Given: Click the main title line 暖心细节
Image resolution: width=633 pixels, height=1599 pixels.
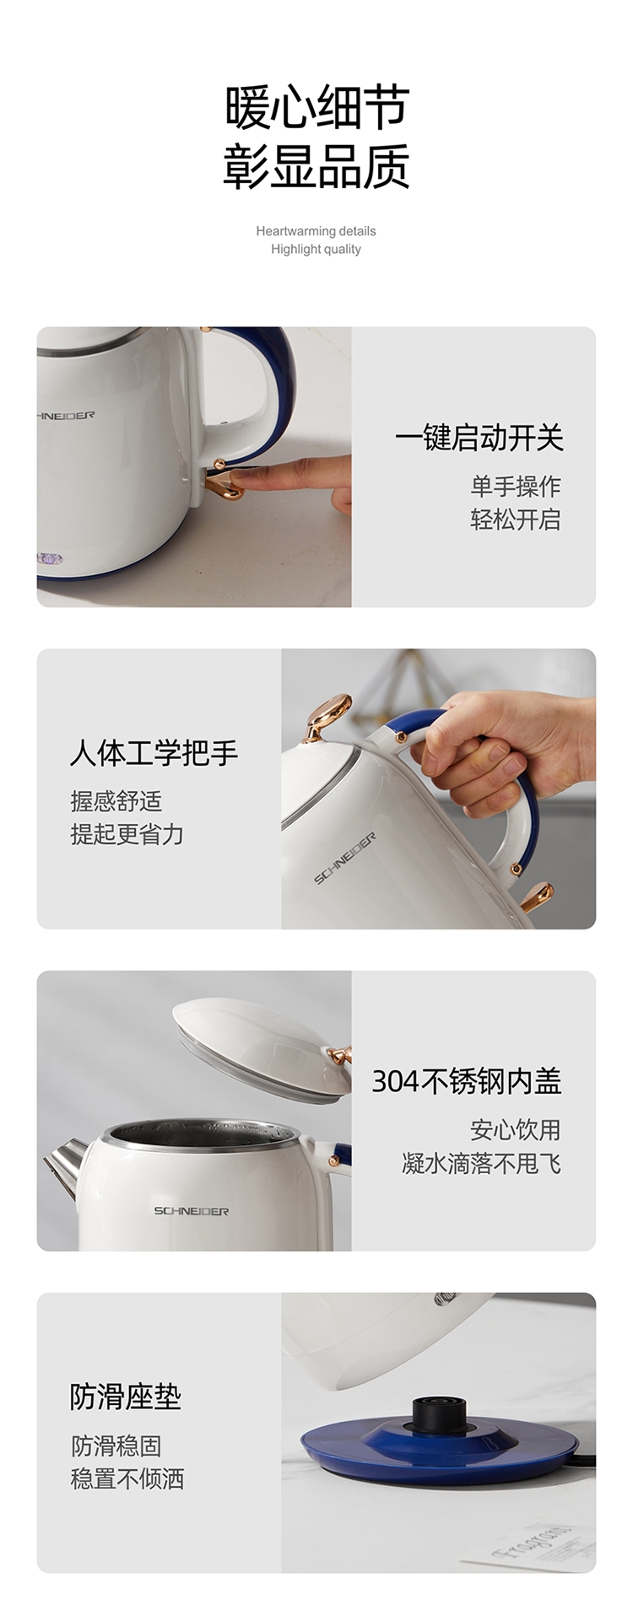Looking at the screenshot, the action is click(x=316, y=107).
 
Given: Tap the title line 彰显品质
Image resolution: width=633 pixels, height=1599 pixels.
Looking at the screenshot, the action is click(x=316, y=166).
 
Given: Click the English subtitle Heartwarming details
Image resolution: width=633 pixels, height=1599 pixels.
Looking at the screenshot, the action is click(x=316, y=231).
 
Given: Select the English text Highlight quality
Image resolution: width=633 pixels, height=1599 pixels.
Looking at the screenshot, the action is click(x=316, y=249).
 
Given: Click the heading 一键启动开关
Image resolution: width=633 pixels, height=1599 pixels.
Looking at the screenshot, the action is click(x=479, y=438).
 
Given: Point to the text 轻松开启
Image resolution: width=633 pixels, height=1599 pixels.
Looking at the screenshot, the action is click(x=515, y=520).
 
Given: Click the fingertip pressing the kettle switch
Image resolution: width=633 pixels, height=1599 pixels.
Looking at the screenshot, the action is click(x=240, y=476).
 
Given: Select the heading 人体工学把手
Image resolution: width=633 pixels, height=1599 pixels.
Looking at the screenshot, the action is click(x=154, y=753).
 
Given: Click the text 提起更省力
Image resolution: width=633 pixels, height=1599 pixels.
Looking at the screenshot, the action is click(x=127, y=834).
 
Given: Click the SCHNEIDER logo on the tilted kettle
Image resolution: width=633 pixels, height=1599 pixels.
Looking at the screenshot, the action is click(x=345, y=859).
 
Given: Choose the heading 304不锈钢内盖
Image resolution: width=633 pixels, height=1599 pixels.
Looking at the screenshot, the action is click(x=467, y=1081).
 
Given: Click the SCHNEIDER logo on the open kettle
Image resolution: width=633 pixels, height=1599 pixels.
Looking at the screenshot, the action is click(x=191, y=1211).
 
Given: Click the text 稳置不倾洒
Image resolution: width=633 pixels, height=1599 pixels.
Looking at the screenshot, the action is click(x=127, y=1478).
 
